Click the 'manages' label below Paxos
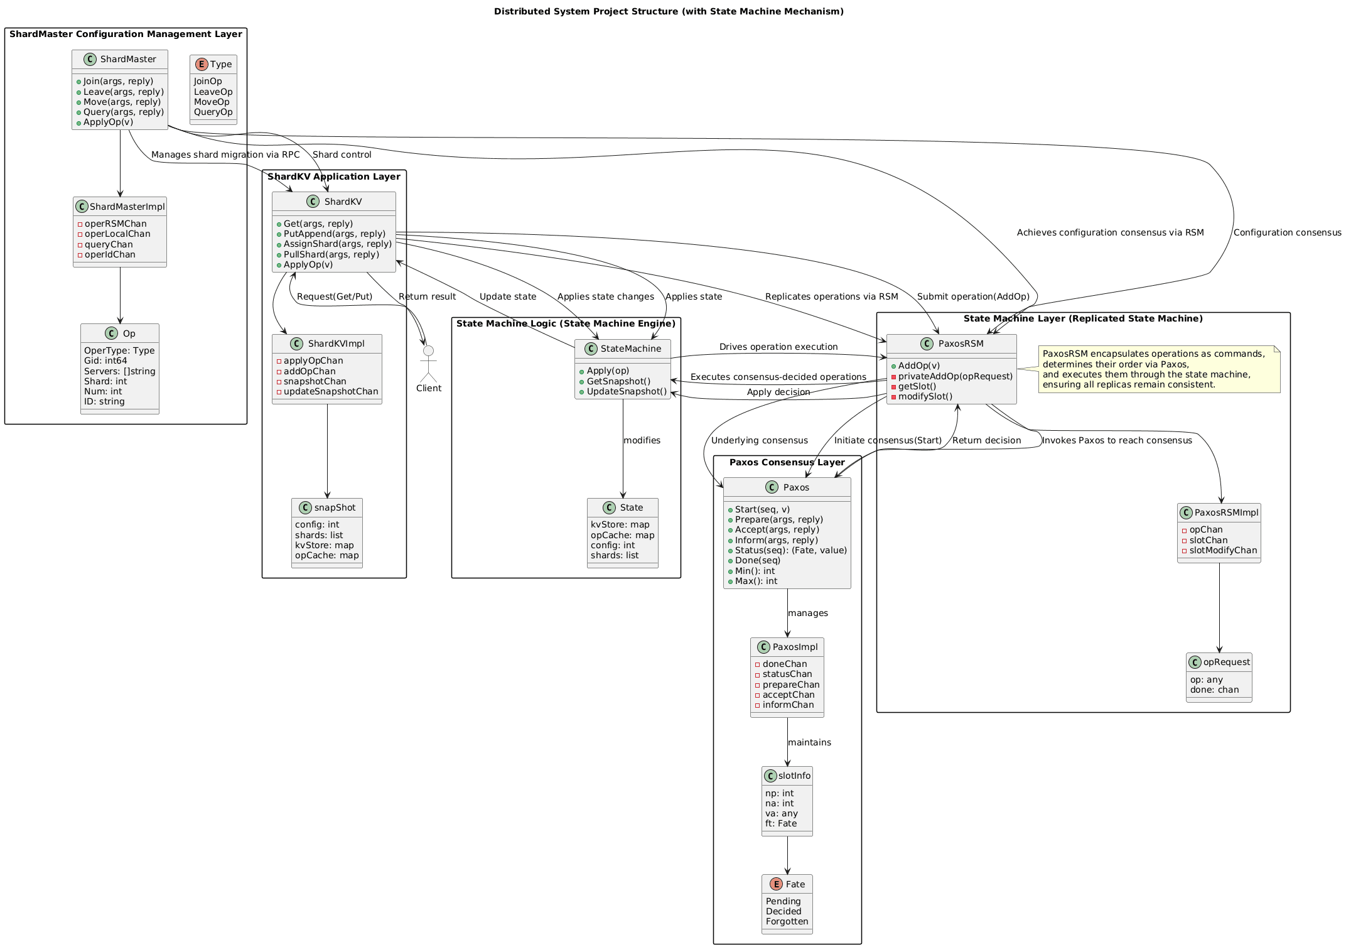point(807,613)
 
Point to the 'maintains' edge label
point(809,742)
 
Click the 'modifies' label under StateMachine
point(642,440)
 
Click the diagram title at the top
point(669,11)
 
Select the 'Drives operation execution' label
point(778,347)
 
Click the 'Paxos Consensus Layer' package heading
point(787,462)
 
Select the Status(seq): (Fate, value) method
point(790,550)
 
